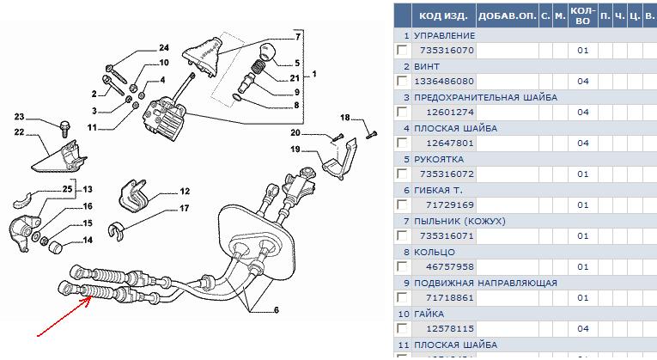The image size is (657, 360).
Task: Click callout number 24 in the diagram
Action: [164, 47]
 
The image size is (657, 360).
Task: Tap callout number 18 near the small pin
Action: [345, 118]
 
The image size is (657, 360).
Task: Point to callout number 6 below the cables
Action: [276, 309]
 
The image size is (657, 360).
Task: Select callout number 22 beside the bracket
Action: [19, 131]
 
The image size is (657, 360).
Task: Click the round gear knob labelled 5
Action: [272, 53]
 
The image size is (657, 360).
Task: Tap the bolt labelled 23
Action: [64, 129]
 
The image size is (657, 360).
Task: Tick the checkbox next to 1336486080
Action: [401, 81]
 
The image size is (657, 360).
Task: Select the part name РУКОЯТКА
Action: [439, 159]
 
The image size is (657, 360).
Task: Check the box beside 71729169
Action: [401, 204]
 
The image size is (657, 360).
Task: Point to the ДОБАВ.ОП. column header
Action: [506, 15]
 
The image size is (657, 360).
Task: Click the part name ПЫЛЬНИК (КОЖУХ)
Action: [459, 221]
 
